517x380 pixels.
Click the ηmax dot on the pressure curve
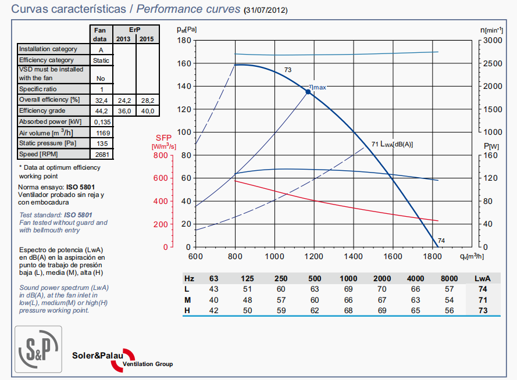point(308,91)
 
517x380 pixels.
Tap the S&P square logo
point(39,348)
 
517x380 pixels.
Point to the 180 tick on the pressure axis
point(185,40)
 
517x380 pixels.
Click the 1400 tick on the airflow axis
point(353,256)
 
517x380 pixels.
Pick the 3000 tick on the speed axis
point(492,40)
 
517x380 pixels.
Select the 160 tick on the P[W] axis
point(491,156)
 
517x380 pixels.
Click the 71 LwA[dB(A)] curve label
point(392,144)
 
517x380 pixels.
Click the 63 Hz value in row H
point(213,310)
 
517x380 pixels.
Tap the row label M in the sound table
point(187,299)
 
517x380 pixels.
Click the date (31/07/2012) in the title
point(265,10)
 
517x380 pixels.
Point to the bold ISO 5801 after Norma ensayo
point(80,187)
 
